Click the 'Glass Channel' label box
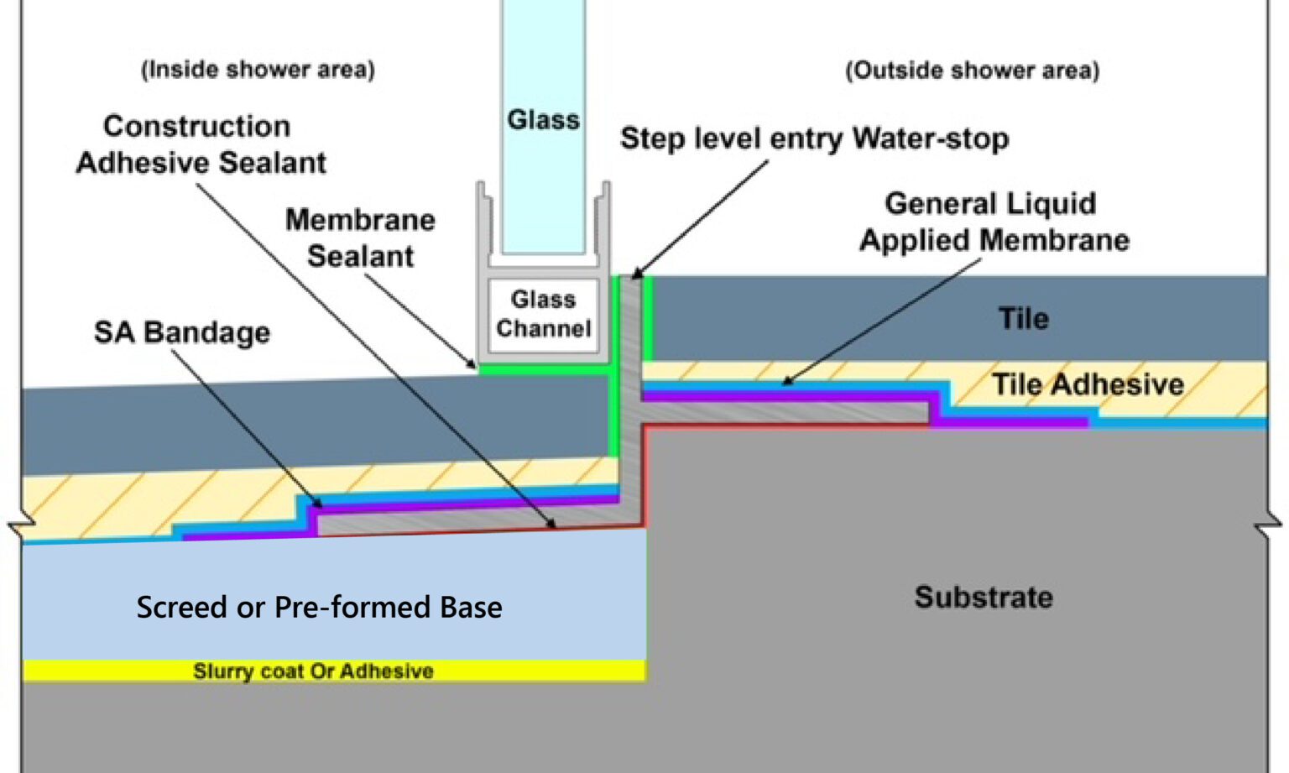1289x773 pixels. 543,314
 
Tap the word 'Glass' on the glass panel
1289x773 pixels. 543,120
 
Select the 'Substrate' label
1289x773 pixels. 983,597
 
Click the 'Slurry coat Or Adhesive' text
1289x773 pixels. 313,671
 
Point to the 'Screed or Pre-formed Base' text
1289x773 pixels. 319,607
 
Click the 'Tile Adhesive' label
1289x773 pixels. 1088,384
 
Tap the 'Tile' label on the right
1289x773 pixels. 1023,319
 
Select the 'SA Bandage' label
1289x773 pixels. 182,332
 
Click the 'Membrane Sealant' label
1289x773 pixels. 360,238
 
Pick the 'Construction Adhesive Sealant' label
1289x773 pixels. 201,144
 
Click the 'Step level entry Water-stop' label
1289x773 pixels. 814,138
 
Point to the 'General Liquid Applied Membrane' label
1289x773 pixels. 994,222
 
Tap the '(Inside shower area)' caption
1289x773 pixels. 258,69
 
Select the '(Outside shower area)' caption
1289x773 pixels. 972,70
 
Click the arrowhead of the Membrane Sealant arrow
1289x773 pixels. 473,366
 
